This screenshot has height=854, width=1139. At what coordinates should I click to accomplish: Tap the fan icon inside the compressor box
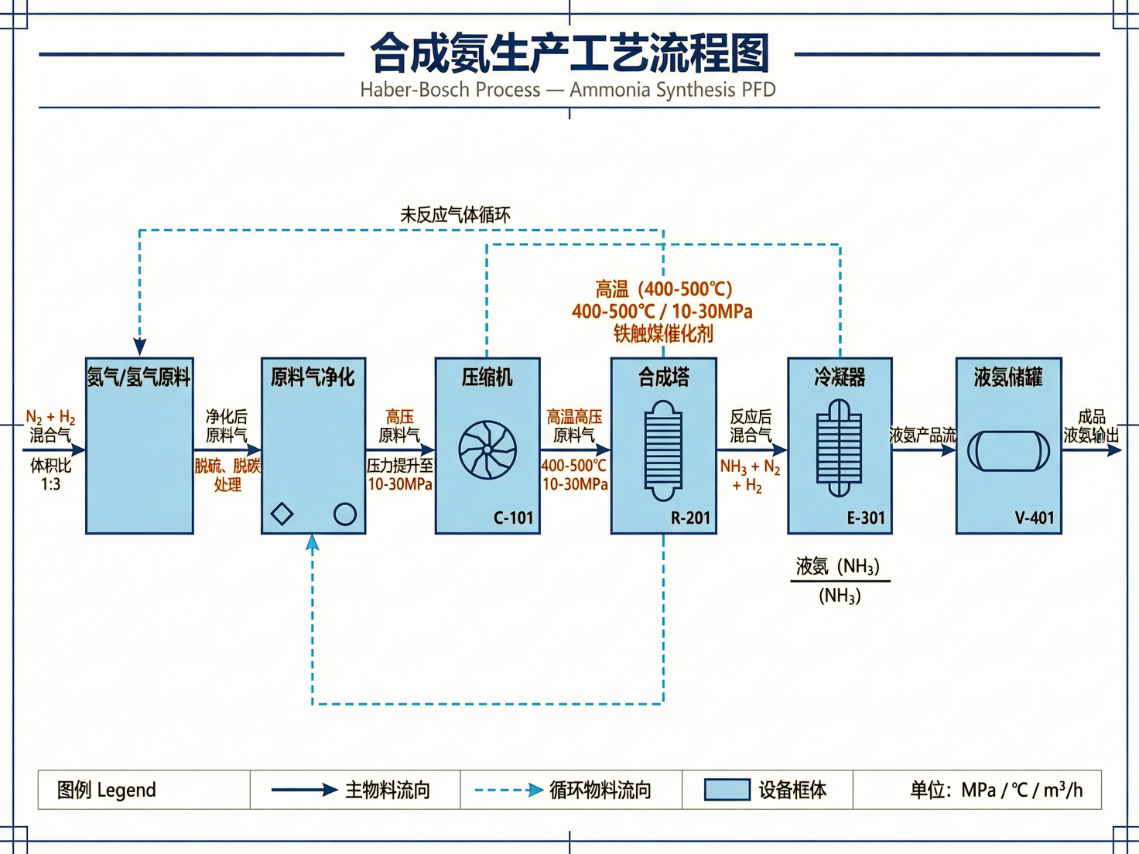click(x=487, y=449)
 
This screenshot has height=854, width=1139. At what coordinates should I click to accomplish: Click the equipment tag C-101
click(x=514, y=518)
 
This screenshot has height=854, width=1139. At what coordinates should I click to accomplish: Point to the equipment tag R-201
click(x=690, y=518)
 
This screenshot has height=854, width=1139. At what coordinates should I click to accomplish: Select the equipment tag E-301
click(x=866, y=518)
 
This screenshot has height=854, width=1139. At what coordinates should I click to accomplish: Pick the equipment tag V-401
click(x=1035, y=518)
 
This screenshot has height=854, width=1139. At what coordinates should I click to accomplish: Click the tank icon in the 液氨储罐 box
click(x=1008, y=451)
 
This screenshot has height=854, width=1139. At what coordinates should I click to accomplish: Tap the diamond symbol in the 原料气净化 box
click(x=282, y=514)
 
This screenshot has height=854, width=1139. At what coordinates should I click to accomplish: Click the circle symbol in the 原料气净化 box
click(x=345, y=514)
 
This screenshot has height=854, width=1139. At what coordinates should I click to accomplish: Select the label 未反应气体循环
click(x=455, y=214)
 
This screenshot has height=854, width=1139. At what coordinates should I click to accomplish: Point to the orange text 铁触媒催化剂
click(x=663, y=333)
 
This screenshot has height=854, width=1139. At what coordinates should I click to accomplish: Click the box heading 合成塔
click(x=663, y=377)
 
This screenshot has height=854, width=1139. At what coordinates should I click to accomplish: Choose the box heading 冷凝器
click(x=840, y=377)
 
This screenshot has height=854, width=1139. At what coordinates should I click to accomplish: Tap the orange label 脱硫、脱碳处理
click(x=227, y=475)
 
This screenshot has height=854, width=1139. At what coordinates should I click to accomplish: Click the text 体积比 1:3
click(x=50, y=474)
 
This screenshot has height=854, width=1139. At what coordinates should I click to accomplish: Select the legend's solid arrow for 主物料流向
click(x=304, y=790)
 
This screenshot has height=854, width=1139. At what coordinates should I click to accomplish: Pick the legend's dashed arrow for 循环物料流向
click(x=508, y=790)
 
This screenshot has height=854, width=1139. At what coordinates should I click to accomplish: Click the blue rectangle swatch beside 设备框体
click(x=727, y=790)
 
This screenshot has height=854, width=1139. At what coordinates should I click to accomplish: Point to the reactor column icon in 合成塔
click(x=663, y=450)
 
